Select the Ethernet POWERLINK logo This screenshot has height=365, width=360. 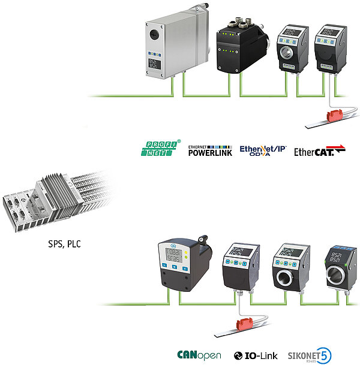click(209, 150)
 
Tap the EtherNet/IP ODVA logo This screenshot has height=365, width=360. click(263, 150)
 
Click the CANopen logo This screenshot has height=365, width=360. click(199, 354)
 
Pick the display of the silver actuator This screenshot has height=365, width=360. click(155, 64)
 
